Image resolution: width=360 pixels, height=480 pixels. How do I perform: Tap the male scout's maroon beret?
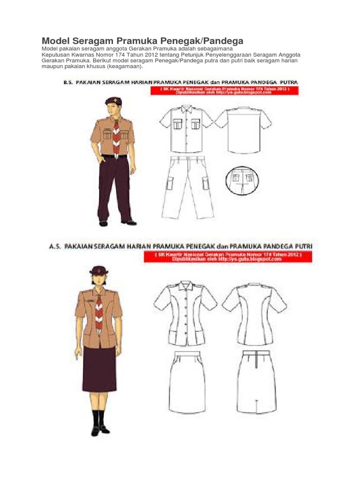point(113,100)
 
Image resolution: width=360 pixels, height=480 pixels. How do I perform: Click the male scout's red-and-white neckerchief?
point(116,136)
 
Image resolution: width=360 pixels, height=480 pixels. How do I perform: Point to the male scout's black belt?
point(114,156)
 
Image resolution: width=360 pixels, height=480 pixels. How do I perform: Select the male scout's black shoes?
point(117,223)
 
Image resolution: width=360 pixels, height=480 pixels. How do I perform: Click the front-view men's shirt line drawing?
point(186,129)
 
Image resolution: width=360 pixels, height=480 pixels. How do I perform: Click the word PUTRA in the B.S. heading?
point(291,82)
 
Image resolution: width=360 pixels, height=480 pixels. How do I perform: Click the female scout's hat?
point(99,270)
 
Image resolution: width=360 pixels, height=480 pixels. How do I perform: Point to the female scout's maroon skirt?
point(99,370)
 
